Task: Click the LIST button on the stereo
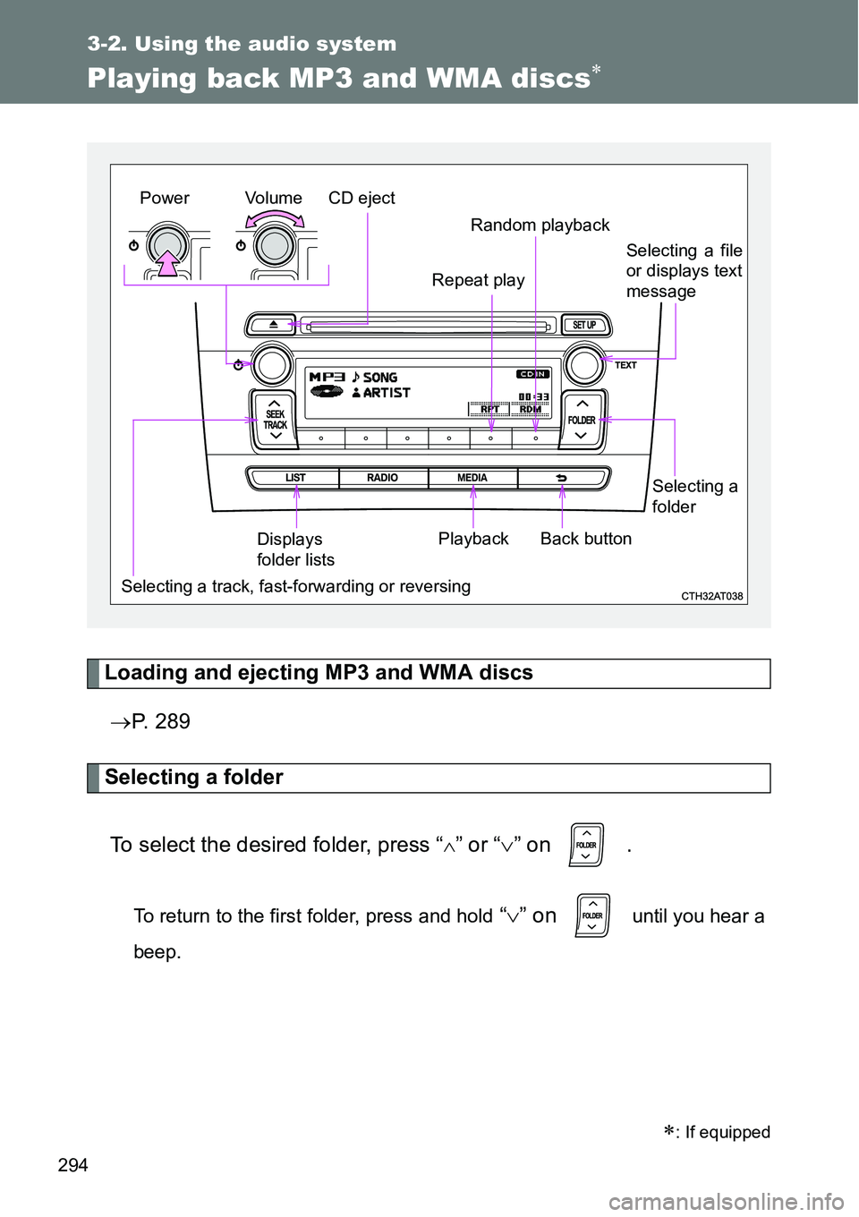point(295,478)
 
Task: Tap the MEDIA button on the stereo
point(472,478)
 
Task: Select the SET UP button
point(584,325)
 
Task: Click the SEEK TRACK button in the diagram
point(275,419)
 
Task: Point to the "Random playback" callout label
point(540,226)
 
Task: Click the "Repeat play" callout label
point(478,281)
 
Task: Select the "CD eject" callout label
point(361,199)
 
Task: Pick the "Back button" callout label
point(586,539)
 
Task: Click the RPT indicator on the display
point(489,409)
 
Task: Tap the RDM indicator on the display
point(531,409)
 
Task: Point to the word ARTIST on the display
point(387,393)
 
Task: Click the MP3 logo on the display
point(327,377)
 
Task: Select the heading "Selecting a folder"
point(194,778)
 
